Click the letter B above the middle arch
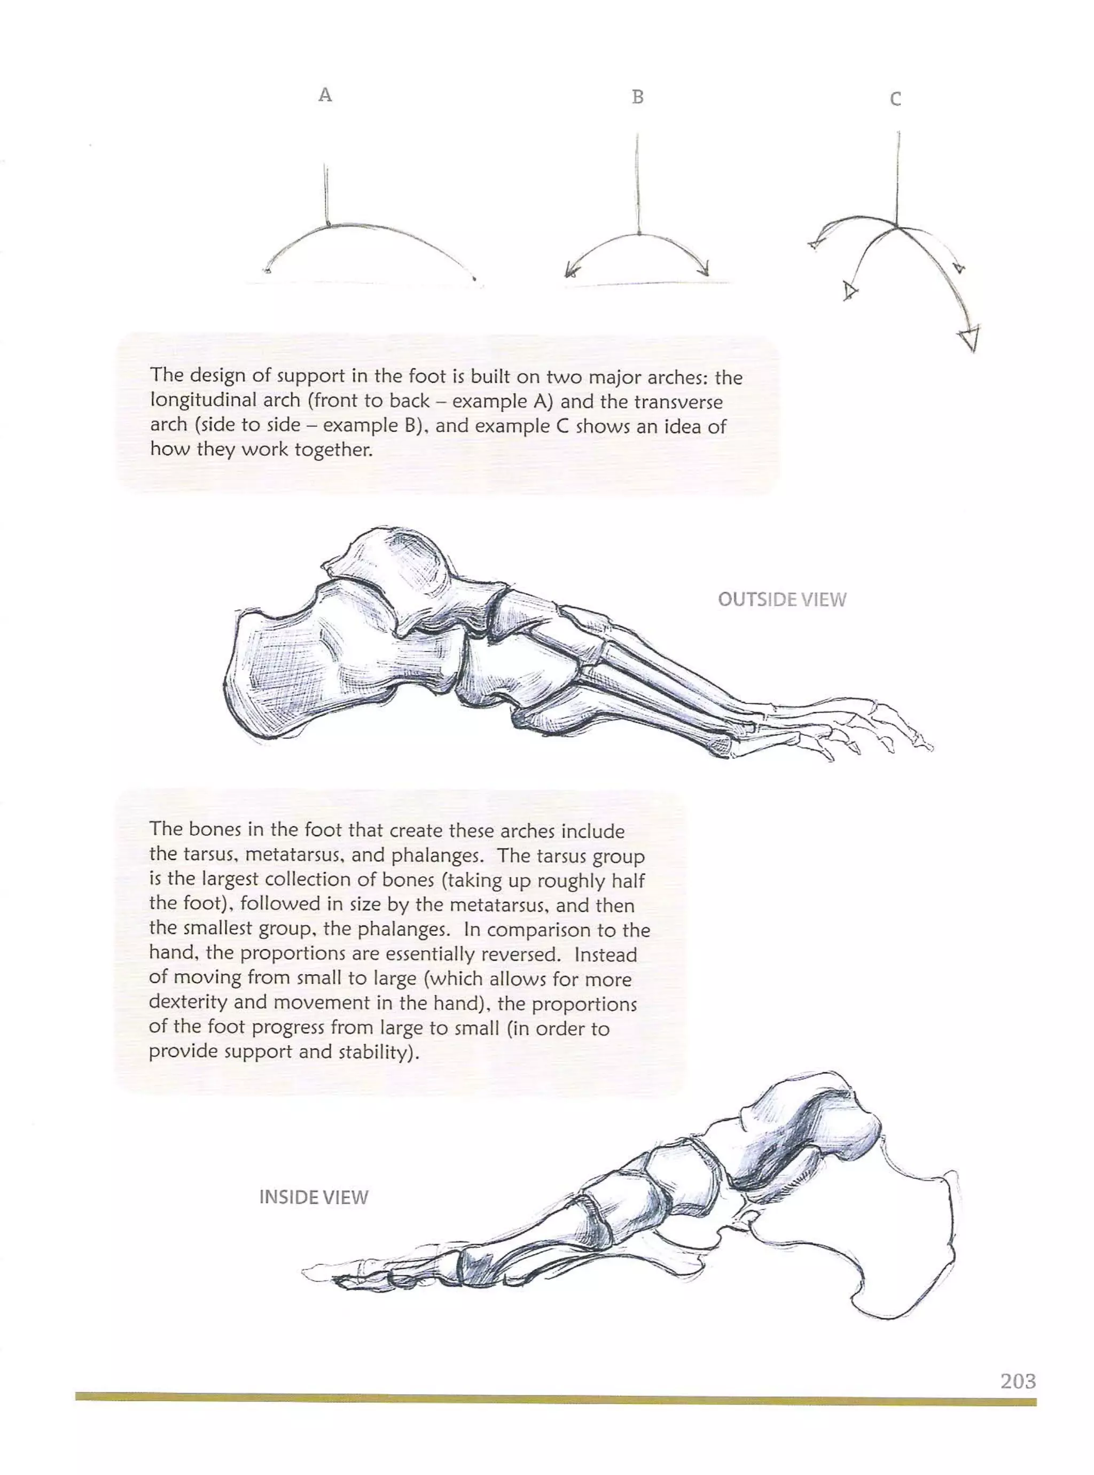638,97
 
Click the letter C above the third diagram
895,99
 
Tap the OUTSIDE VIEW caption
782,600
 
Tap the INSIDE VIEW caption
313,1198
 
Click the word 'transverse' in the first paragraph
677,401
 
